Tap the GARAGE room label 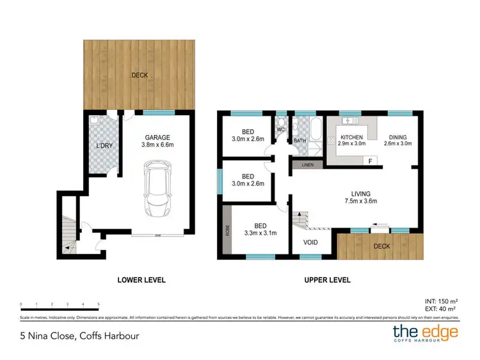[156, 137]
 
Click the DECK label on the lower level [140, 75]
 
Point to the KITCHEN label [351, 137]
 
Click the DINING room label [397, 137]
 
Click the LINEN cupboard [308, 165]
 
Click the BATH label [300, 141]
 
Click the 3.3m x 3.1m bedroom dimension [260, 233]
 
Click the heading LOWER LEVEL [141, 280]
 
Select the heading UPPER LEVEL [326, 280]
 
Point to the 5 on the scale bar [98, 304]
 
